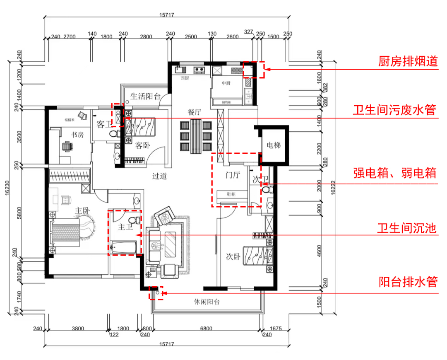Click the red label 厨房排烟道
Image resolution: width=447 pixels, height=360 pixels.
(x=408, y=61)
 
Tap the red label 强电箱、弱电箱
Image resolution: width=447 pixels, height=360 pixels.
(x=395, y=173)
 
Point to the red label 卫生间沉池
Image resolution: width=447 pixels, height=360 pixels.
(x=408, y=228)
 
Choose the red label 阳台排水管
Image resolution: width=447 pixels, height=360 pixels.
(x=408, y=282)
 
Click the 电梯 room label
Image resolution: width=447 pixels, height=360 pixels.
(x=274, y=145)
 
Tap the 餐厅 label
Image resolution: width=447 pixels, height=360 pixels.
(x=195, y=112)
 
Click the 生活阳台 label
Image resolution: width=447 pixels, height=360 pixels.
(x=145, y=97)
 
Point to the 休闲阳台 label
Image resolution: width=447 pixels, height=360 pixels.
(x=207, y=302)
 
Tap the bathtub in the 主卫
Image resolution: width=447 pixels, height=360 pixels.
(x=123, y=248)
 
